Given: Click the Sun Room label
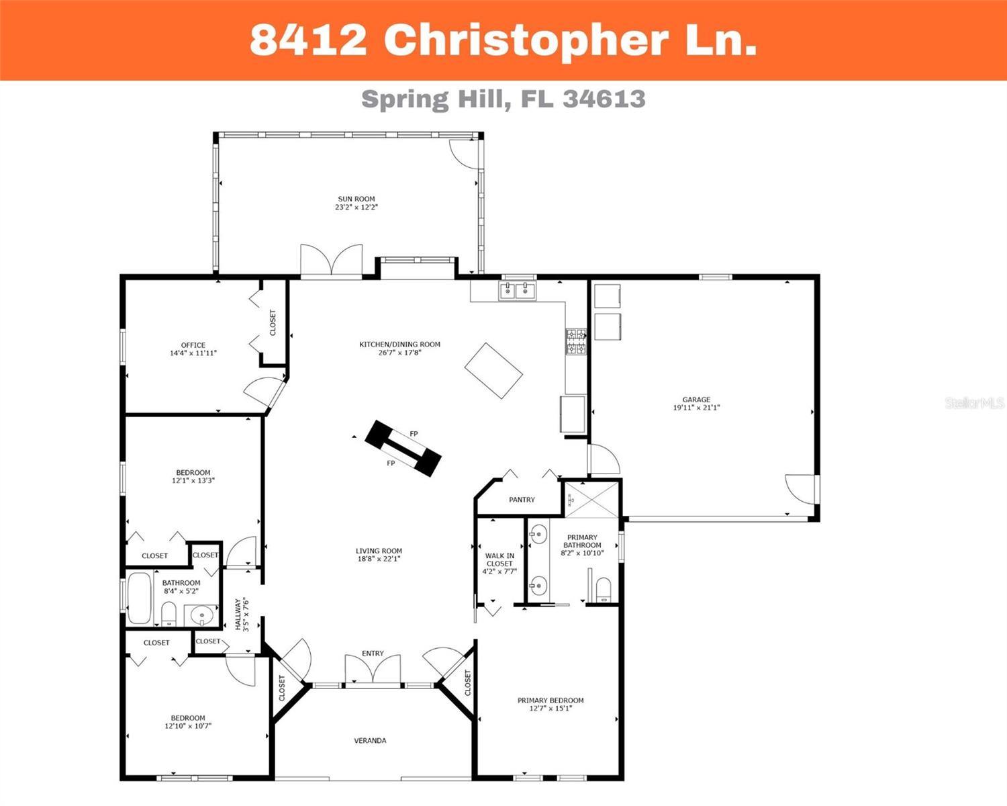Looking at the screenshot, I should click(x=356, y=199).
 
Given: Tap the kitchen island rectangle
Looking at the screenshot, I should click(x=493, y=370).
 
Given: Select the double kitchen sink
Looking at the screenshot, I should click(x=517, y=290).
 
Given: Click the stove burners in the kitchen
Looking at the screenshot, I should click(x=575, y=341).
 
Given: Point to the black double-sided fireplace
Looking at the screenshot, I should click(x=403, y=448).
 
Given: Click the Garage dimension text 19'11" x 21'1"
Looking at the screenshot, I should click(x=696, y=408).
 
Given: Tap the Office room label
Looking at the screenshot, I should click(x=193, y=345).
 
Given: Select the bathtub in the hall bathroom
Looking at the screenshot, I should click(x=140, y=598).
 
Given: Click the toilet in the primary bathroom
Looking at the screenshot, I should click(x=604, y=590).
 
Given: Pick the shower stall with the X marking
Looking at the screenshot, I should click(x=591, y=499).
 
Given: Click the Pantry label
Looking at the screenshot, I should click(x=522, y=500).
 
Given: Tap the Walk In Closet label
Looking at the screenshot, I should click(x=499, y=559).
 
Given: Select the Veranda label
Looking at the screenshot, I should click(x=370, y=741).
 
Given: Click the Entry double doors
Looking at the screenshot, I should click(x=373, y=670).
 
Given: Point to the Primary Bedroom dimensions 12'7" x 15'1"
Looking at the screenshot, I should click(x=550, y=708).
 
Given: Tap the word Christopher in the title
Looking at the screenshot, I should click(x=526, y=40).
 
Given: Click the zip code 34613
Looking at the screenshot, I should click(x=604, y=99).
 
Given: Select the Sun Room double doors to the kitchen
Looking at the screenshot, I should click(x=332, y=261).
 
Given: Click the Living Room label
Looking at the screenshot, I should click(x=379, y=551).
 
